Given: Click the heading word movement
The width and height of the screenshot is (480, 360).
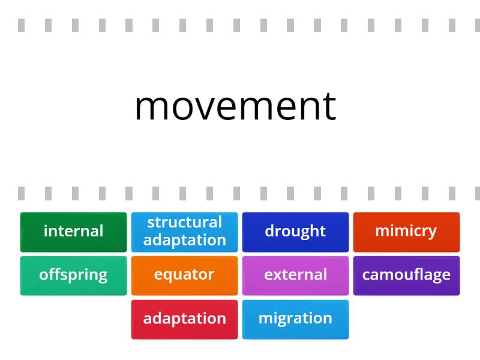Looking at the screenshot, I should [x=235, y=107].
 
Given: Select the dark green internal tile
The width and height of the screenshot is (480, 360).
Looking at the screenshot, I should [x=73, y=231].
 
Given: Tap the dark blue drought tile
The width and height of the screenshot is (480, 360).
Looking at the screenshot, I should [x=295, y=231].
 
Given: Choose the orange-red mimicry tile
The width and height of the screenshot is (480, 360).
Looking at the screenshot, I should [x=406, y=231].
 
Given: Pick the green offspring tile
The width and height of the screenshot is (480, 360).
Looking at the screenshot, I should [x=73, y=275].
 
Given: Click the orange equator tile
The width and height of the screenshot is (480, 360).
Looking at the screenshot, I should [x=184, y=275].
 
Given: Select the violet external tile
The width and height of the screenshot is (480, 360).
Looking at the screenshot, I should [x=295, y=275].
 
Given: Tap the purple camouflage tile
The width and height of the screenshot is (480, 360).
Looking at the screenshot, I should [x=406, y=275].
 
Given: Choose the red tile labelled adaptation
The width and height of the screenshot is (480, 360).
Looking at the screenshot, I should [x=184, y=319].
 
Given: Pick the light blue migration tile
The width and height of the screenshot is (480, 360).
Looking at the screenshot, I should [x=295, y=319].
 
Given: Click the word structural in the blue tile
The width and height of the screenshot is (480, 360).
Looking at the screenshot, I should [x=184, y=223].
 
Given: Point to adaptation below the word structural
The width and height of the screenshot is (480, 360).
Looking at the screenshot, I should [x=184, y=240].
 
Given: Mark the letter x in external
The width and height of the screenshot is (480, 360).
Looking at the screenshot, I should [x=278, y=275].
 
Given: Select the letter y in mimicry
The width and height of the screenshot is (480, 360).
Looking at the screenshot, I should [x=432, y=233].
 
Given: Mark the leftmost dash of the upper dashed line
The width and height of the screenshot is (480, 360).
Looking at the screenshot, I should [x=22, y=25].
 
